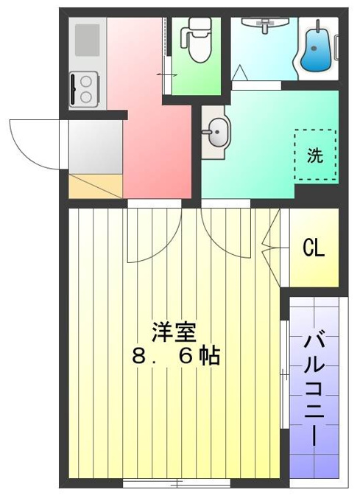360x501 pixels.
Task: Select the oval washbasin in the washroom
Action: point(216,132)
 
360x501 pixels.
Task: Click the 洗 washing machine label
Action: point(315,155)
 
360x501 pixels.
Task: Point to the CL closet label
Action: point(314,248)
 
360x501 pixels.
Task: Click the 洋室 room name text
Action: point(174,332)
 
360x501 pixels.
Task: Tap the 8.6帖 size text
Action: point(176,357)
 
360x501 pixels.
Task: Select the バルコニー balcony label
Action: point(314,390)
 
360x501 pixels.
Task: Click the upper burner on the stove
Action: point(86,82)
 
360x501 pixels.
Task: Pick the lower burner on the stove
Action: point(86,97)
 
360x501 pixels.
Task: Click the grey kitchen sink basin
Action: point(87,40)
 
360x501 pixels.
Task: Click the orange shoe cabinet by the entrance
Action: point(96,186)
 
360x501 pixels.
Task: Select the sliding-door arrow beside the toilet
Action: point(166,75)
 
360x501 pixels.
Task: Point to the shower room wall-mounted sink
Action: point(265,24)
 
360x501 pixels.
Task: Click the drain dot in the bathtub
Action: point(314,49)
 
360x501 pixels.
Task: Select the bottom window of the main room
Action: point(177,483)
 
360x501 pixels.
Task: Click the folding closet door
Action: point(271,248)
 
